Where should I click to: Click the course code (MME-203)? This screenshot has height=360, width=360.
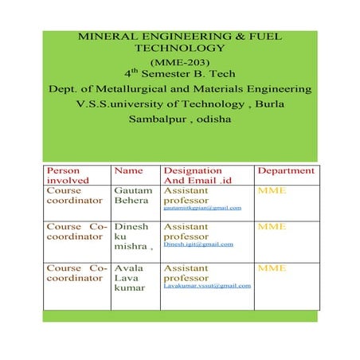pos(179,61)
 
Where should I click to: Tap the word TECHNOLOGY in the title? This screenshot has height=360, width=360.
pos(179,49)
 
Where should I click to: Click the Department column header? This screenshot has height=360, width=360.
pos(286,170)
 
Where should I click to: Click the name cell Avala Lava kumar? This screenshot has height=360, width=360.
pos(128,278)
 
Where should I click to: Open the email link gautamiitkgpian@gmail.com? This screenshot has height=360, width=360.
pos(202,208)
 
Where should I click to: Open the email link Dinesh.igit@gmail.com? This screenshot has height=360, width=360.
pos(198,245)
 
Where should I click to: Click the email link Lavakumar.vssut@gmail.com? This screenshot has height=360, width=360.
pos(207,285)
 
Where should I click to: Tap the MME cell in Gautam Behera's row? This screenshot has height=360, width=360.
pos(272,191)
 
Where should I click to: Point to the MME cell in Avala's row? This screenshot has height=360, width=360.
pos(272,268)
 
